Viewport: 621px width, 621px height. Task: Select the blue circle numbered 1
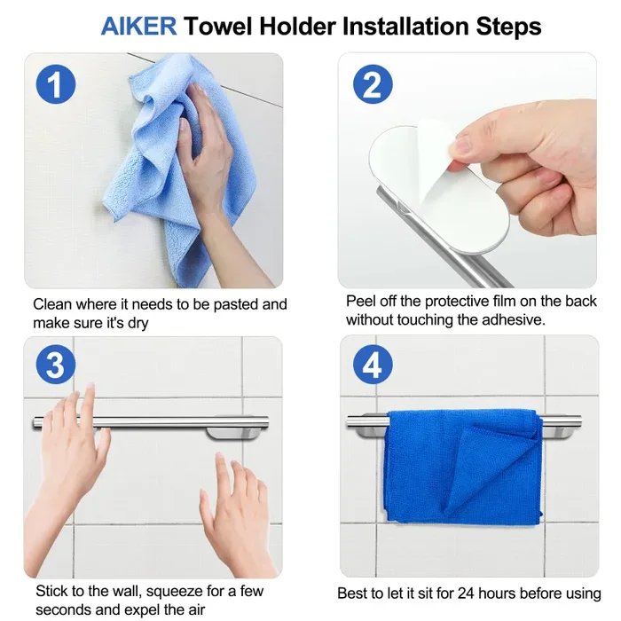click(x=55, y=85)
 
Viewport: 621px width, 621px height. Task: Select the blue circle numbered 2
click(x=373, y=85)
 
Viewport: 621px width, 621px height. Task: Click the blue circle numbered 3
click(x=55, y=366)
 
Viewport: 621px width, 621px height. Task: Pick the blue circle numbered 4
click(x=373, y=366)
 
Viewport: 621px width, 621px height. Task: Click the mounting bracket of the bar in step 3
click(x=233, y=432)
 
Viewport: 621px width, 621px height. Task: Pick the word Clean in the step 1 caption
click(x=52, y=304)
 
